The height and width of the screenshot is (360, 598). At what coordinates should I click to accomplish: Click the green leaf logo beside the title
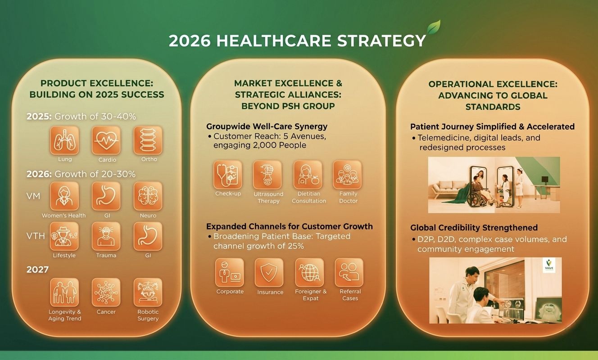click(x=434, y=27)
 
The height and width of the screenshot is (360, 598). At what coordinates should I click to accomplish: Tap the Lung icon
click(x=64, y=140)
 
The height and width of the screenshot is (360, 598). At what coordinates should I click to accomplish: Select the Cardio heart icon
click(x=106, y=140)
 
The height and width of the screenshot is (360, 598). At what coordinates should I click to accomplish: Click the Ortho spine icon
click(x=148, y=140)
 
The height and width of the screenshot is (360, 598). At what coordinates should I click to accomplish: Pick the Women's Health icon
click(x=64, y=196)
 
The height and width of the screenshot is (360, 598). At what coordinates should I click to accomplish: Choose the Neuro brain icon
click(x=148, y=196)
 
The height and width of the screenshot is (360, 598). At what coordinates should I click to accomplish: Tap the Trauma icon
click(x=106, y=236)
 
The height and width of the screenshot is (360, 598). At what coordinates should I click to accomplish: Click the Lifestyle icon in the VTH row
click(x=64, y=236)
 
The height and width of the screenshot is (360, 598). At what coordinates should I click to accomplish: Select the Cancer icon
click(x=106, y=292)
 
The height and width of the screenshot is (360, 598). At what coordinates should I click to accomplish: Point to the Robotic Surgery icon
click(x=148, y=292)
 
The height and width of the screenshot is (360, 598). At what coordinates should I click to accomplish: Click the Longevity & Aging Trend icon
click(x=64, y=292)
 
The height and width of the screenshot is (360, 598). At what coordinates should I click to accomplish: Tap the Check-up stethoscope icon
click(x=228, y=175)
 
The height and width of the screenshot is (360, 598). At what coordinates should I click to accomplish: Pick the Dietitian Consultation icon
click(x=308, y=175)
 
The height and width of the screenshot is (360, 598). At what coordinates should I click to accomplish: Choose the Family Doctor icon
click(x=347, y=175)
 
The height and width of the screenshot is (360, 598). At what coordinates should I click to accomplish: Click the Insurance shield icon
click(x=269, y=272)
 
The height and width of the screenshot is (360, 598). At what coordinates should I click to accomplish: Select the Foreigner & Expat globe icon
click(x=310, y=272)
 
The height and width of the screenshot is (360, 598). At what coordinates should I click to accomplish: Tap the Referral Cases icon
click(x=349, y=272)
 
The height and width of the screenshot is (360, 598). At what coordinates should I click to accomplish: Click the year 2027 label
click(x=37, y=270)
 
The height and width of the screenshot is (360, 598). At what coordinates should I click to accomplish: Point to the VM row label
click(x=33, y=196)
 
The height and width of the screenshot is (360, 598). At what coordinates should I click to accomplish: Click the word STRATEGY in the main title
click(x=381, y=40)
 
